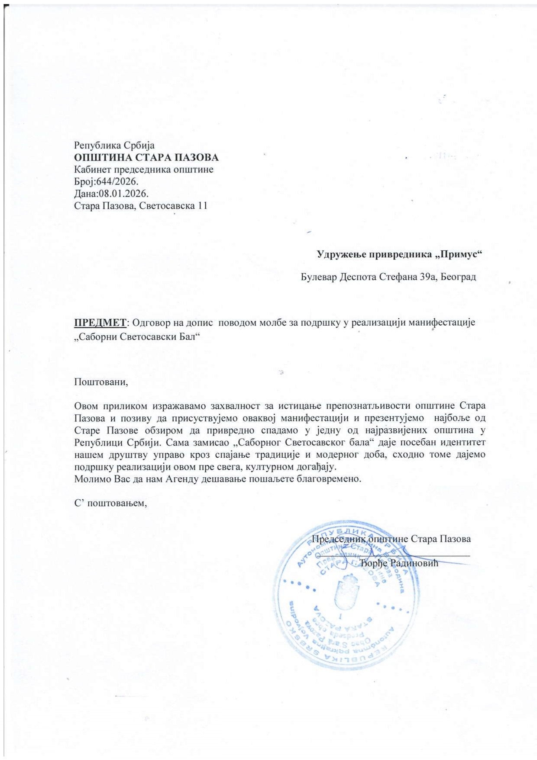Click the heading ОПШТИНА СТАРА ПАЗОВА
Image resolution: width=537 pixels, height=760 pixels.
tap(146, 157)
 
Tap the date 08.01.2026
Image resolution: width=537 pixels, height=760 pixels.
tap(123, 193)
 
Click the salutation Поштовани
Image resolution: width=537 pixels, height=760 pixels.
tap(101, 382)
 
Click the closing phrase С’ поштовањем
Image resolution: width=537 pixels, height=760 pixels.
tap(111, 503)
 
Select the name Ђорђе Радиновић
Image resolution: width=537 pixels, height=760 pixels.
tap(399, 563)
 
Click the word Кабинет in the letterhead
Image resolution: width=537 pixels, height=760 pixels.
tap(91, 169)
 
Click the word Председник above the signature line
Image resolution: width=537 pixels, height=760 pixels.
tap(339, 539)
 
